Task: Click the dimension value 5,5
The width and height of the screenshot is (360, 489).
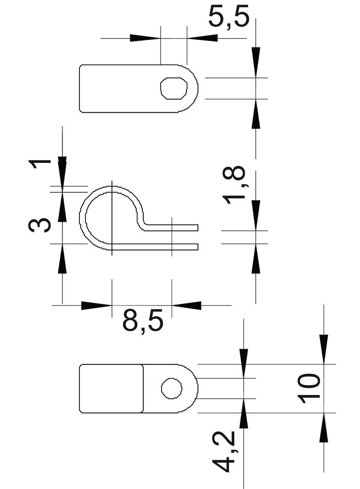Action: coord(228,17)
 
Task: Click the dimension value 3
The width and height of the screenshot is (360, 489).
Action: coord(39,225)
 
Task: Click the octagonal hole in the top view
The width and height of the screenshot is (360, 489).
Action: coord(174,88)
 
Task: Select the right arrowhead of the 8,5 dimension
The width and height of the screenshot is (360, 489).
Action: coord(186,305)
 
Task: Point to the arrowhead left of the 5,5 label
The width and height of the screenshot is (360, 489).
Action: coord(145,38)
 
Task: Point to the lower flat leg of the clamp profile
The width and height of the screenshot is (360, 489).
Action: coord(156,247)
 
